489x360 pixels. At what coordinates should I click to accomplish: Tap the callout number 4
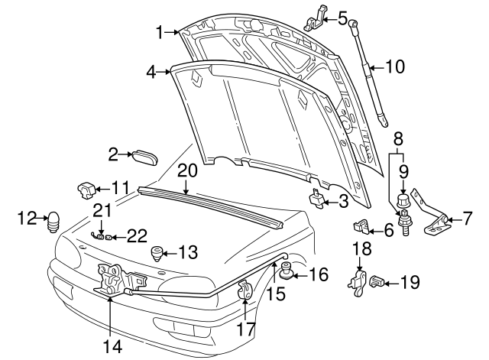151,72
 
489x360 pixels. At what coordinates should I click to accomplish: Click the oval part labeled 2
144,156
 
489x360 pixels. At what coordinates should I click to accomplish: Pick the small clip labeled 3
316,199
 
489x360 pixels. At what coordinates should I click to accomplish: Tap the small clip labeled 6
362,226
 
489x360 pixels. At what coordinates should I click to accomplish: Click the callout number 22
136,237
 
